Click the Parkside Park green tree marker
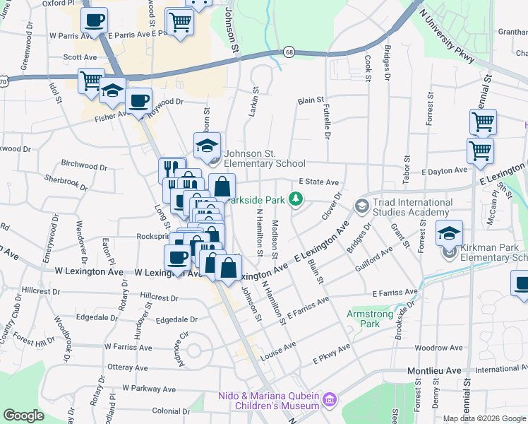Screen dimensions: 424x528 coord(298,200)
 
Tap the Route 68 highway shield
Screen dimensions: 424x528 coord(289,52)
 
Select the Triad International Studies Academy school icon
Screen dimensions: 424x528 coord(362,206)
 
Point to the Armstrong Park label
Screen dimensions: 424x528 coord(364,318)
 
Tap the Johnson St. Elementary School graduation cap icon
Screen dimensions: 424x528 coord(207,146)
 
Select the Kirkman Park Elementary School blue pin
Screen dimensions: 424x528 coord(449,233)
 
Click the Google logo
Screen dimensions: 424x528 coord(24,415)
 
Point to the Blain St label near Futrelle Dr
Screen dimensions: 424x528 coord(310,101)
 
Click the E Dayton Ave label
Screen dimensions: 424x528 coord(444,170)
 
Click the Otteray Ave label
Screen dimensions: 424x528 coord(128,367)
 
